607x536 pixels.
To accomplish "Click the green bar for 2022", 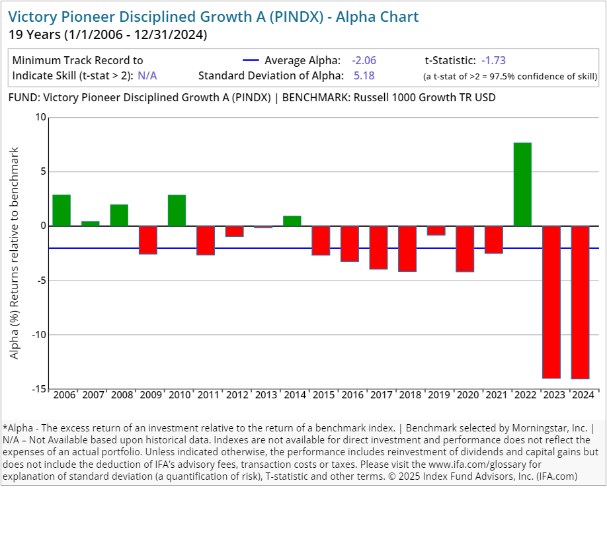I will [522, 185].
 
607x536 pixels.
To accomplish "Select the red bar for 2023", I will [551, 302].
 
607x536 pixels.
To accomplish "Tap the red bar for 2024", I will [580, 302].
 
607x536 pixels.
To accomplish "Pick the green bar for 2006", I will [61, 210].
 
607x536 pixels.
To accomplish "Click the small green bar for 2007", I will [91, 224].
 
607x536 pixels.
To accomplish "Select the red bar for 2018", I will [407, 249].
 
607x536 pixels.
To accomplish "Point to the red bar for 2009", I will [148, 240].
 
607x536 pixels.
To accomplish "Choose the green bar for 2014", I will [292, 221].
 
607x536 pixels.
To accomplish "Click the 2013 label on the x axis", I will [266, 395].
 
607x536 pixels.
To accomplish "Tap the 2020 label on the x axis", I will [467, 395].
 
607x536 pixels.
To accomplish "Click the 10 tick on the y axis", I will [41, 118].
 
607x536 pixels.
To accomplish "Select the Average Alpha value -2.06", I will [364, 60].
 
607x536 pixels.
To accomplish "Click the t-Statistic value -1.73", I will [493, 60].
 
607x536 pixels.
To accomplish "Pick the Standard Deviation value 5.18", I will [364, 75].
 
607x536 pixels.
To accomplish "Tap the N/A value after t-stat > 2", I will [147, 75].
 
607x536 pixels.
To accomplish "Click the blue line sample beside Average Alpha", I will [252, 60].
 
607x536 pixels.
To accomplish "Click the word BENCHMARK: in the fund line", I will [315, 98].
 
